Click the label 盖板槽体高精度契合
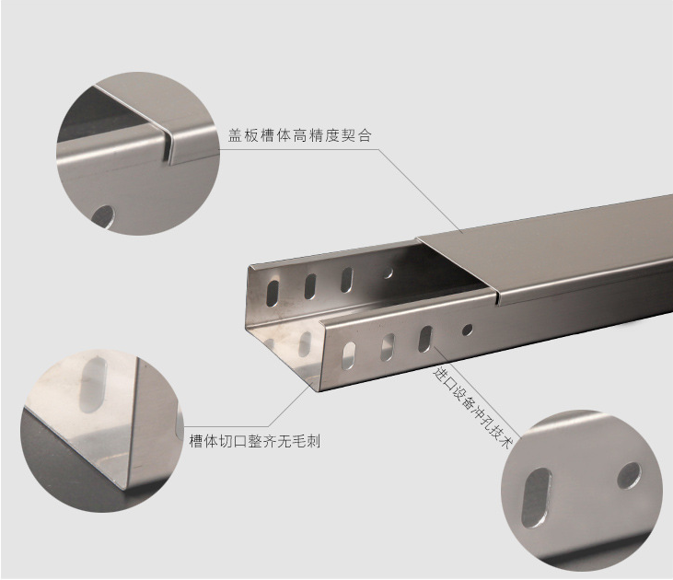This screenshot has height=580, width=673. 299,135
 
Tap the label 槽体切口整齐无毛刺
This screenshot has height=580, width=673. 255,441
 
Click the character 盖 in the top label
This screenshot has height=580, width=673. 235,135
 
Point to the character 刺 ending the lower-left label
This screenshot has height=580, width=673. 313,441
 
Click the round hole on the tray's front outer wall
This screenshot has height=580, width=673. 467,330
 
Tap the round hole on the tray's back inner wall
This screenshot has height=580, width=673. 388,273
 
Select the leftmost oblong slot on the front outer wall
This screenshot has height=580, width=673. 349,356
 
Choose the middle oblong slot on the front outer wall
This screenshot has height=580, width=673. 388,347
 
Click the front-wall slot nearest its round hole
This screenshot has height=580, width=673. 425,339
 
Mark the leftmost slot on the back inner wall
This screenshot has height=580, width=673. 273,293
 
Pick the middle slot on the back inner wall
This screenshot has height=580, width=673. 310,286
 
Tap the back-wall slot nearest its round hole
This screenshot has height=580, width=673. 346,280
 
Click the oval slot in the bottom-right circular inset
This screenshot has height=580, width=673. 536,497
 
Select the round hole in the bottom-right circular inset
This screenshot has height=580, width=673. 629,476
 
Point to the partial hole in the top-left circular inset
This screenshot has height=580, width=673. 103,216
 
